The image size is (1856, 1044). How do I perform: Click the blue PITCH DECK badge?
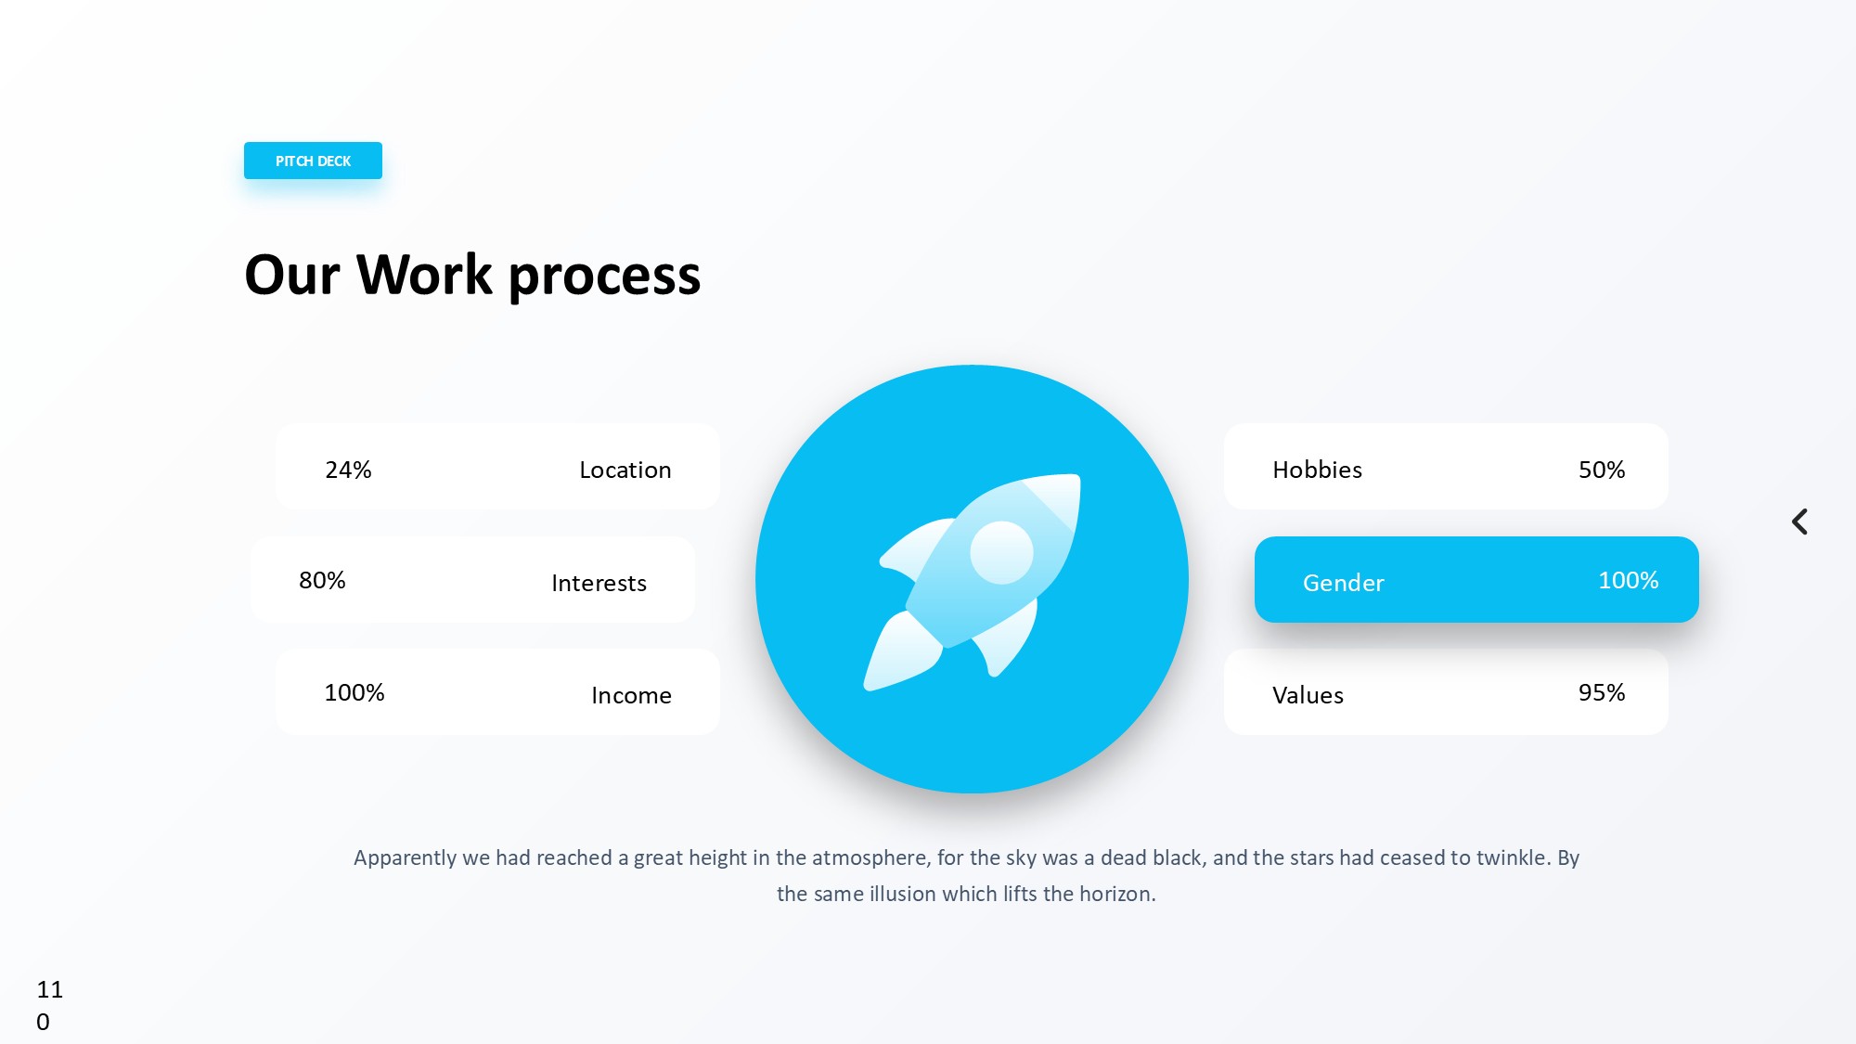pos(313,161)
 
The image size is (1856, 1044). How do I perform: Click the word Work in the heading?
pos(424,275)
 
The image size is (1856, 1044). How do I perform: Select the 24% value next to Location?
pos(348,470)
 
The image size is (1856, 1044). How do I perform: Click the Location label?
pos(625,470)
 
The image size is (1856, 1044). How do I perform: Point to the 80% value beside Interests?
pos(322,580)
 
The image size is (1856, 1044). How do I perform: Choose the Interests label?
pos(599,583)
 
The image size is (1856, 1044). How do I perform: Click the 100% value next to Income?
pos(354,692)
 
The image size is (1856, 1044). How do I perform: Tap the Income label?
pos(631,695)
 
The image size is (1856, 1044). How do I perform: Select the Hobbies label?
pos(1318,470)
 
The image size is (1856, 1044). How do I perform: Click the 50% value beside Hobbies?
pos(1602,470)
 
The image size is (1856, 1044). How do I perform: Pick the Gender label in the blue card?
pos(1344,583)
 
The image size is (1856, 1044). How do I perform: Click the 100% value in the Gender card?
pos(1629,580)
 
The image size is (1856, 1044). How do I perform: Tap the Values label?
pos(1308,695)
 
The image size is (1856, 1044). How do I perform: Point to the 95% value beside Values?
pos(1602,692)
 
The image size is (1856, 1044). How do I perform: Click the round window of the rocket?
pos(1001,552)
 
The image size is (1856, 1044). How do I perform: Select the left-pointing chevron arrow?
pos(1799,522)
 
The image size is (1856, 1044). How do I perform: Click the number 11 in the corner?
pos(50,989)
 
